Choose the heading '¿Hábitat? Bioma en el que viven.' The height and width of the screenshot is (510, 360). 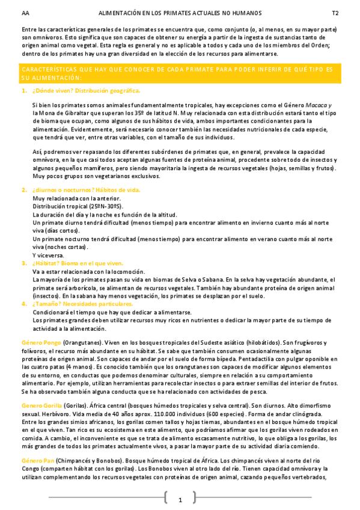(x=78, y=263)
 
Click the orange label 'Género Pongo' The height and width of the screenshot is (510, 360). (x=41, y=342)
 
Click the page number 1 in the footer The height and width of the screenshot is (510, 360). (x=180, y=500)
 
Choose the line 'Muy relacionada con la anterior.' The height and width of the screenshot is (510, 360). (x=76, y=198)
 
